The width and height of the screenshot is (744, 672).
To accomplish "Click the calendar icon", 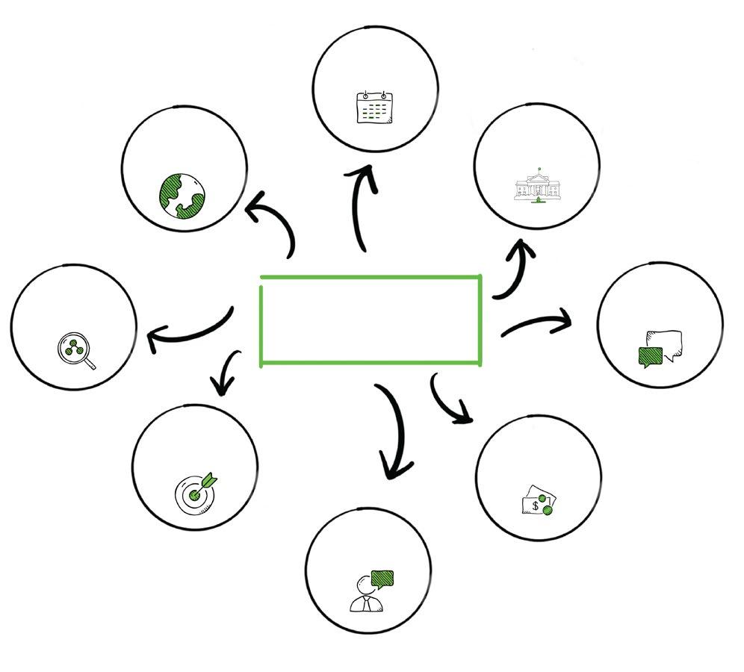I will coord(374,109).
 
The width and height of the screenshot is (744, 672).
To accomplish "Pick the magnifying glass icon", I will coord(75,350).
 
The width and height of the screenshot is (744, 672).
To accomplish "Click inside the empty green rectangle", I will coord(371,320).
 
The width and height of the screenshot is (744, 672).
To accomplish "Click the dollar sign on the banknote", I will coord(535,505).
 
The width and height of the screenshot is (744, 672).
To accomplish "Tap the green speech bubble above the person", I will coord(382,578).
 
